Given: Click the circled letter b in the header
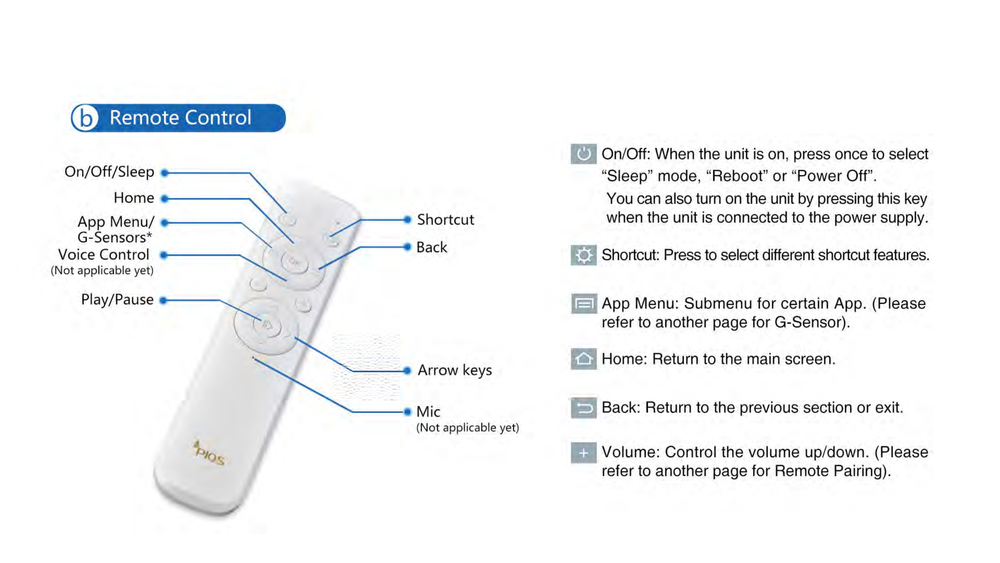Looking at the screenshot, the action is [x=85, y=118].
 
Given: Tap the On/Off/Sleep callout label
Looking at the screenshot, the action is [x=109, y=172].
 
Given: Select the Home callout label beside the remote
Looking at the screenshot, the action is [x=134, y=198].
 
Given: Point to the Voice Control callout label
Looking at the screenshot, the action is [x=104, y=255].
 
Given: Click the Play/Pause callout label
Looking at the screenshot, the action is [x=117, y=299].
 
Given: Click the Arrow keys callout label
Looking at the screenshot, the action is [x=455, y=370].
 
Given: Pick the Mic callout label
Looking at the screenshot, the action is [x=428, y=412].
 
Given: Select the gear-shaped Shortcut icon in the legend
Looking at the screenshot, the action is [x=583, y=255].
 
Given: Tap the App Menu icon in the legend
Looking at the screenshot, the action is [x=583, y=303].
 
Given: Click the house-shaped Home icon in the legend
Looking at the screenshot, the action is [x=583, y=359].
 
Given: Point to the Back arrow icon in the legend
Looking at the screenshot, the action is [x=583, y=408].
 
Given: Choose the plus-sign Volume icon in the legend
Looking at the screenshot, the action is [x=583, y=453].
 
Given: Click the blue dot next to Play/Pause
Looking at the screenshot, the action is [x=164, y=300].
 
